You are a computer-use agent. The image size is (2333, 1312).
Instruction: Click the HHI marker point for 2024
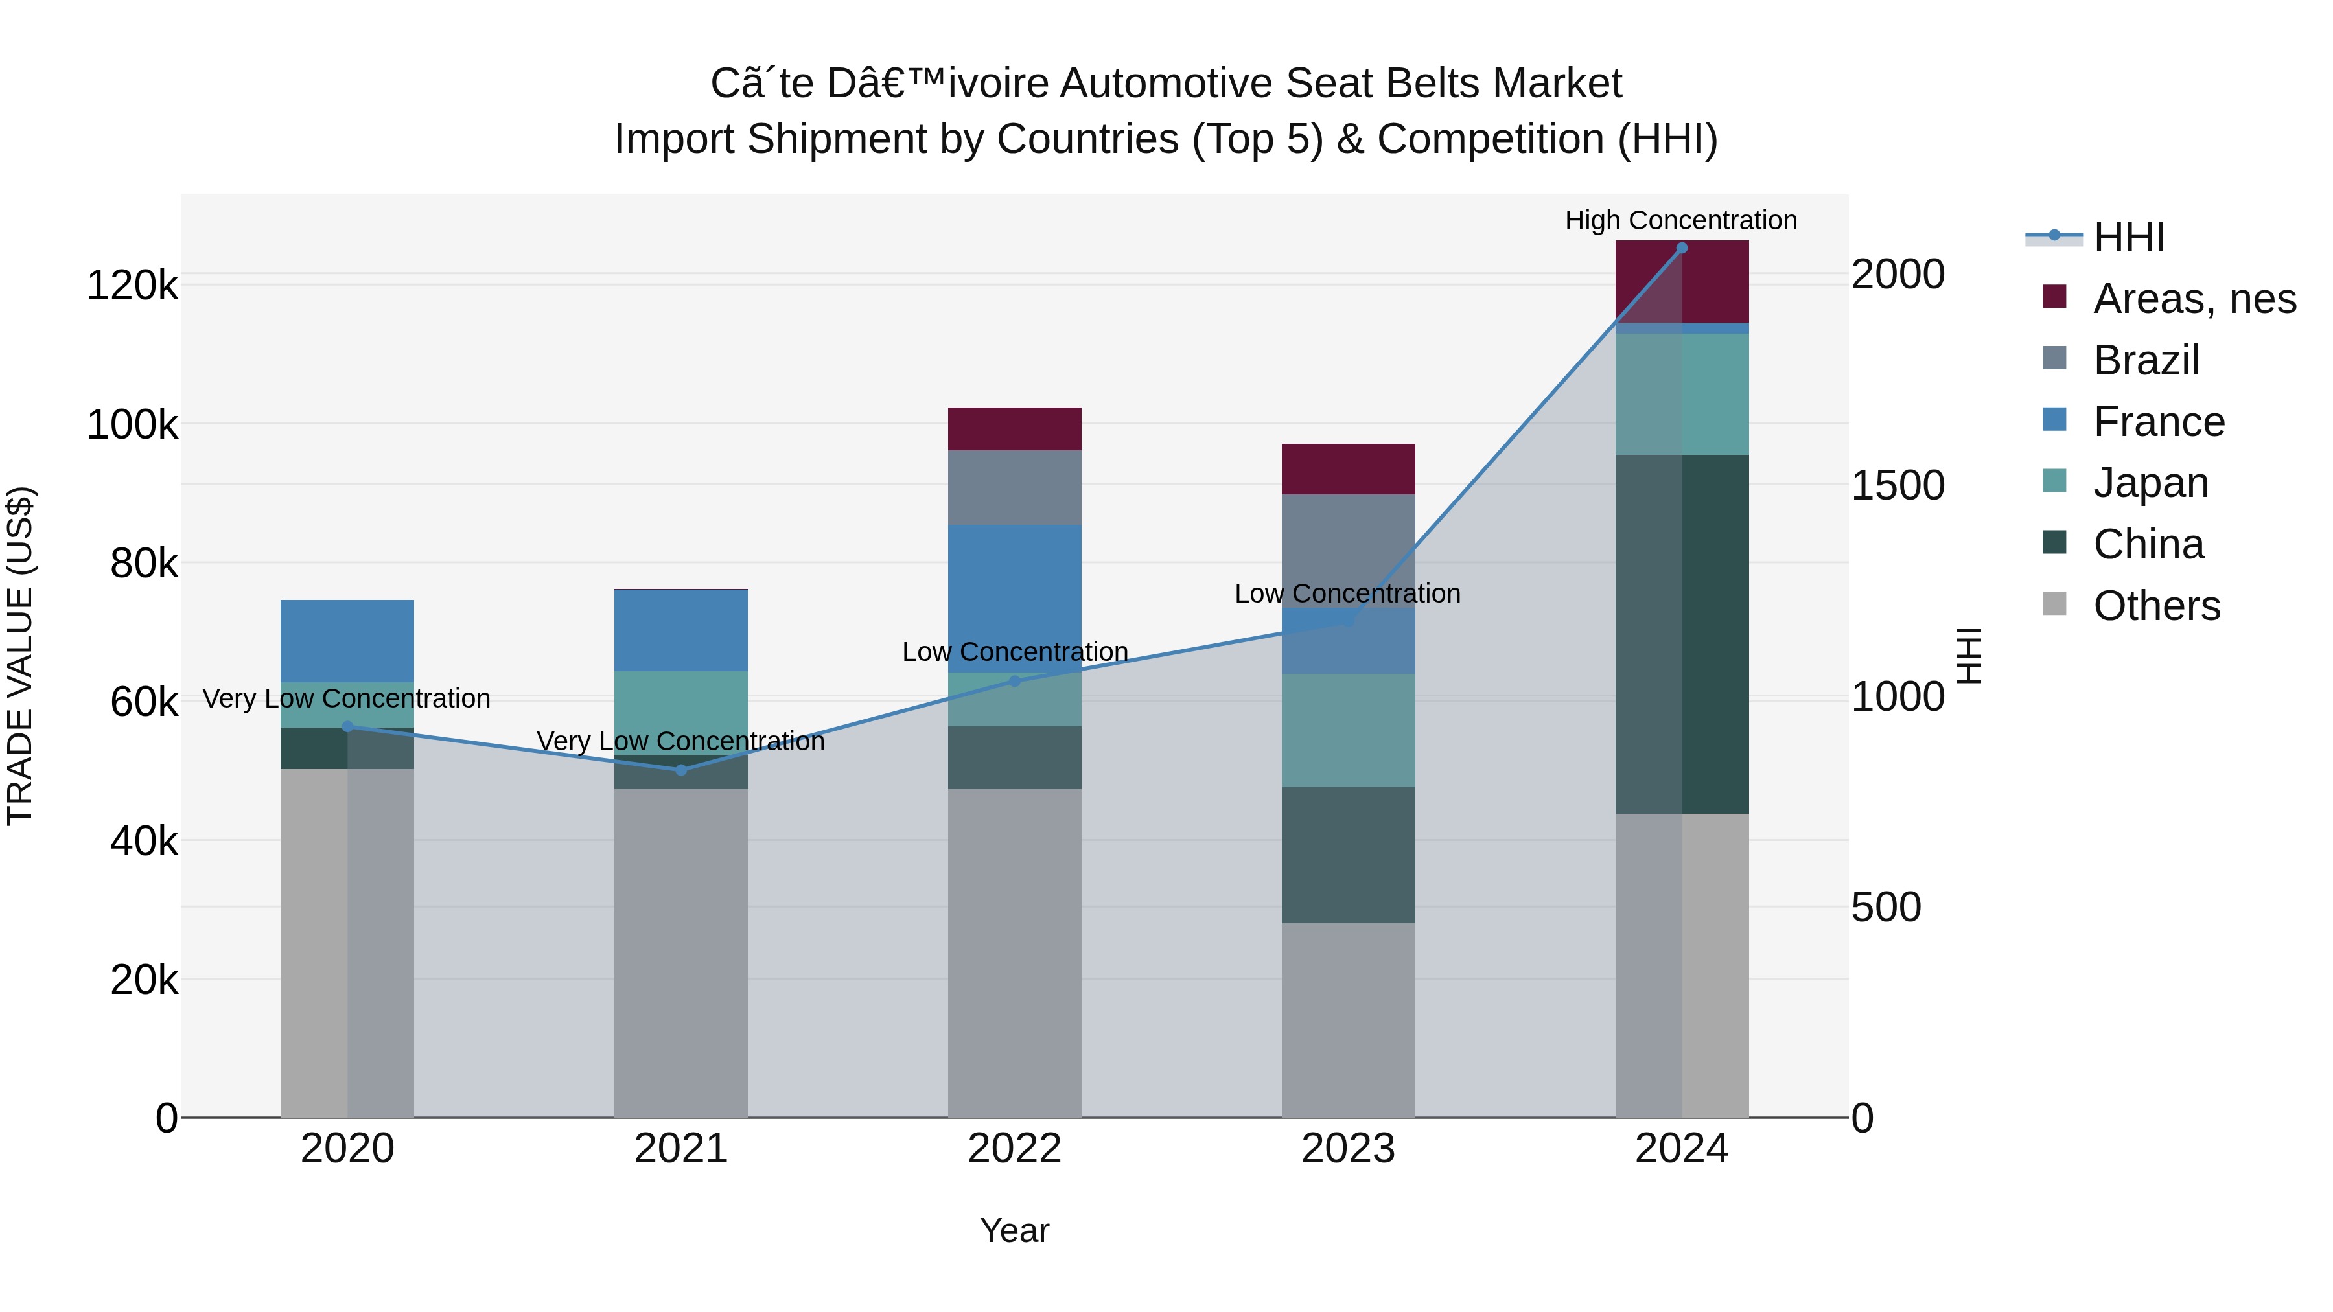(x=1682, y=248)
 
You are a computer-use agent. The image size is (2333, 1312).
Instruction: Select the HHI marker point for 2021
(x=681, y=770)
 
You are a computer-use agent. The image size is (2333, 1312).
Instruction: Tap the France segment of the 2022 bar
(x=1014, y=597)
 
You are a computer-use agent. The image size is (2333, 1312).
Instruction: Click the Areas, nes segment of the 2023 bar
(x=1348, y=469)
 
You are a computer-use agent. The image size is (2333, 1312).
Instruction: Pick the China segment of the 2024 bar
(x=1682, y=634)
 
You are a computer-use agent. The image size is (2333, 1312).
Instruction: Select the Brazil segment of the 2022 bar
(x=1014, y=487)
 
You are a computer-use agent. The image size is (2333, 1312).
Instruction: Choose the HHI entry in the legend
(x=2128, y=237)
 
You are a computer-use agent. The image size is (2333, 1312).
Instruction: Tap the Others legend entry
(x=2155, y=606)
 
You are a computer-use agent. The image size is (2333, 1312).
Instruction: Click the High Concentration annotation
(x=1681, y=220)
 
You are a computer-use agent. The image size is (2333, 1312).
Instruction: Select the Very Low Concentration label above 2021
(x=680, y=742)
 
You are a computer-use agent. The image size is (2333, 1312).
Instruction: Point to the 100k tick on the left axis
(x=132, y=424)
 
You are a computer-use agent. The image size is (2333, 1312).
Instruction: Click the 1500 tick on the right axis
(x=1898, y=485)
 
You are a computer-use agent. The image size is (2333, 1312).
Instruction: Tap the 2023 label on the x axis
(x=1348, y=1149)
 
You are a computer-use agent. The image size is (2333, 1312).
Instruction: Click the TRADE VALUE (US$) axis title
(x=20, y=656)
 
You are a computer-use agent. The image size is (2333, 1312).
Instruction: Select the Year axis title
(x=1014, y=1230)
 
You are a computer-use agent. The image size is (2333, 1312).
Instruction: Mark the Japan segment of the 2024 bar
(x=1682, y=394)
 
